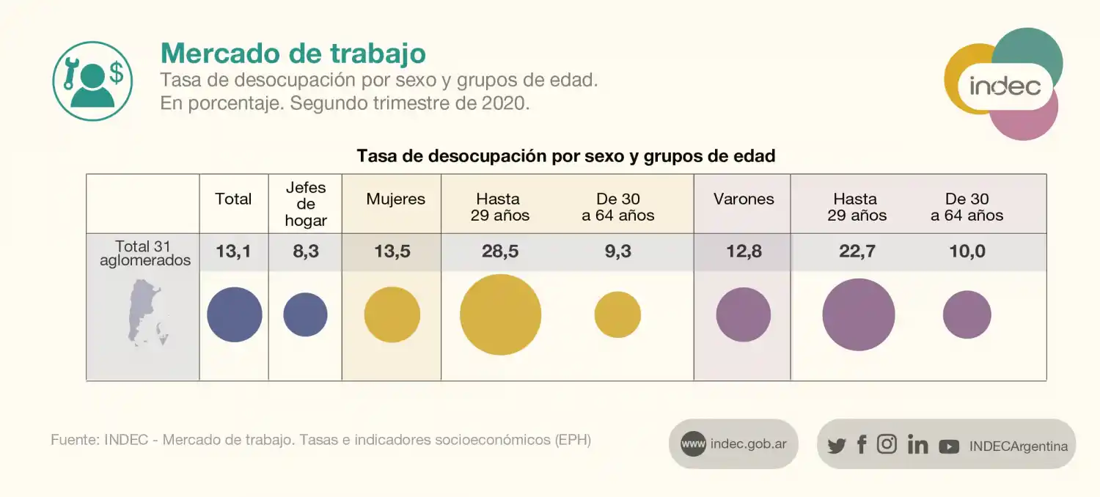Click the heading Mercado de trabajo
coord(293,54)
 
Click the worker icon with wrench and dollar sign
coord(92,81)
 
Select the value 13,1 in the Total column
coord(233,252)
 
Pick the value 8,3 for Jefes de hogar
coord(305,252)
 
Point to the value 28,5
coord(499,252)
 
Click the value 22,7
coord(857,252)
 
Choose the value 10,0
coord(967,252)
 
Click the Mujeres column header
coord(395,199)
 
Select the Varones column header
coord(743,199)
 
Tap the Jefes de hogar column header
coord(306,204)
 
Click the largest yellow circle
coord(500,314)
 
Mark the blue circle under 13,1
coord(235,314)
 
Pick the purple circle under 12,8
coord(743,314)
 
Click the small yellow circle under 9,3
coord(617,314)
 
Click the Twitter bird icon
coord(836,446)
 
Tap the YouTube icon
coord(949,446)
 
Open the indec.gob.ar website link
coord(733,444)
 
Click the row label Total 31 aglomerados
coord(144,253)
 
